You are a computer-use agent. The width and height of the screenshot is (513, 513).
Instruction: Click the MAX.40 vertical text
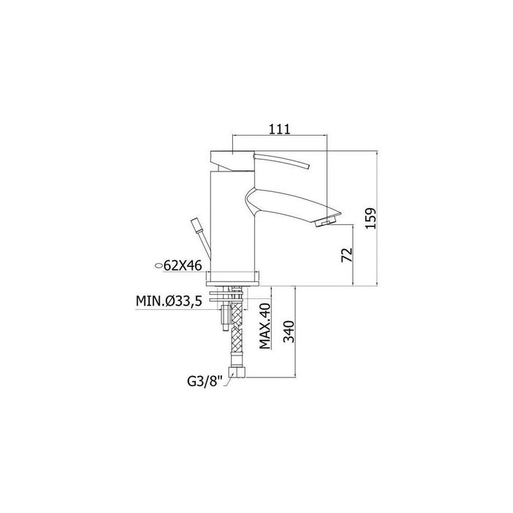(265, 326)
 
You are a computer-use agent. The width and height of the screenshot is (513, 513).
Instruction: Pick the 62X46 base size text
(182, 267)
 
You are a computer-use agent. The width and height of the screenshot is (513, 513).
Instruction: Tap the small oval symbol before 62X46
(158, 267)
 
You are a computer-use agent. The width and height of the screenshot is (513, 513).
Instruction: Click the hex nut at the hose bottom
(235, 372)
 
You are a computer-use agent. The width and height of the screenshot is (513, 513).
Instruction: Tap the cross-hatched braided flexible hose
(236, 333)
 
